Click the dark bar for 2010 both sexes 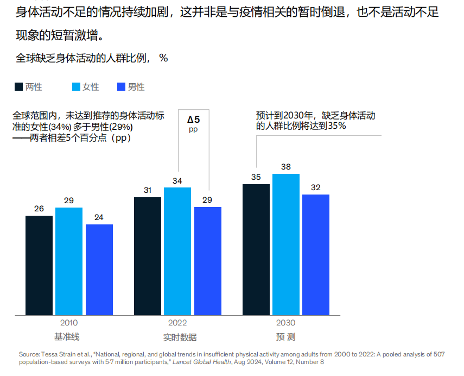pyautogui.click(x=39, y=265)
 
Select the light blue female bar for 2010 pyautogui.click(x=69, y=261)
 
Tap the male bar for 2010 pyautogui.click(x=99, y=270)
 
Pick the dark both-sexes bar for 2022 pyautogui.click(x=148, y=256)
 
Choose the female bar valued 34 pyautogui.click(x=177, y=251)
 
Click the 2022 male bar pyautogui.click(x=208, y=261)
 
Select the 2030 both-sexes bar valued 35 pyautogui.click(x=256, y=249)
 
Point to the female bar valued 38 pyautogui.click(x=286, y=245)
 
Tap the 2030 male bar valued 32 pyautogui.click(x=316, y=254)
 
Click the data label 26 pyautogui.click(x=39, y=209)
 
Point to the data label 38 pyautogui.click(x=286, y=167)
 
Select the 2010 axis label pyautogui.click(x=69, y=322)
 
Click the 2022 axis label pyautogui.click(x=177, y=322)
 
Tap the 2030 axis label pyautogui.click(x=286, y=322)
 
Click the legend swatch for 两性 pyautogui.click(x=18, y=87)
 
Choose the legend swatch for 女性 pyautogui.click(x=76, y=87)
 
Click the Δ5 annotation pyautogui.click(x=194, y=120)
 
